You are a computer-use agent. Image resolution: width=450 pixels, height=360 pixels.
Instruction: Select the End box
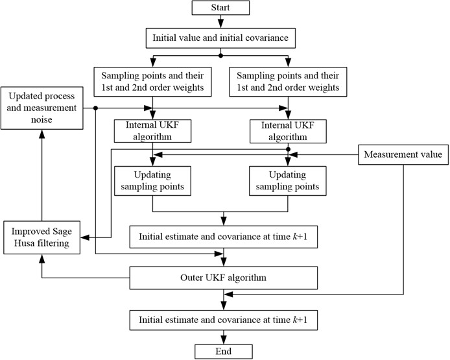coord(224,351)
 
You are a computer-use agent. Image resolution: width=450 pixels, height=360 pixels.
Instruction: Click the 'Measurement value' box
coord(403,155)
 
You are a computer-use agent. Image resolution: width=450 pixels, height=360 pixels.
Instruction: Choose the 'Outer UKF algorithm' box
coord(224,278)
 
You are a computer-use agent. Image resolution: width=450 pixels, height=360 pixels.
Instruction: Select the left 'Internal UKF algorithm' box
coord(152,130)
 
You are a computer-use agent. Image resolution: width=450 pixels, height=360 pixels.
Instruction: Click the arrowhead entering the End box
coord(224,340)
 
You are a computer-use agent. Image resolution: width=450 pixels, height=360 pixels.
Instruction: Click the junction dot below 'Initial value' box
coord(220,55)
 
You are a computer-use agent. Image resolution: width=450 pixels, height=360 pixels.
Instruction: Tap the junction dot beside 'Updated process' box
coord(95,108)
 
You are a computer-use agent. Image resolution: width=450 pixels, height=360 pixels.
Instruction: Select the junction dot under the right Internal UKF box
coord(288,149)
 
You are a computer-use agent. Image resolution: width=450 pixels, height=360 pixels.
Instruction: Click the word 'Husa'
coord(21,245)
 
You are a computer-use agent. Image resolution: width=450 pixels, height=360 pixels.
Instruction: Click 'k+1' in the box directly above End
coord(305,320)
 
